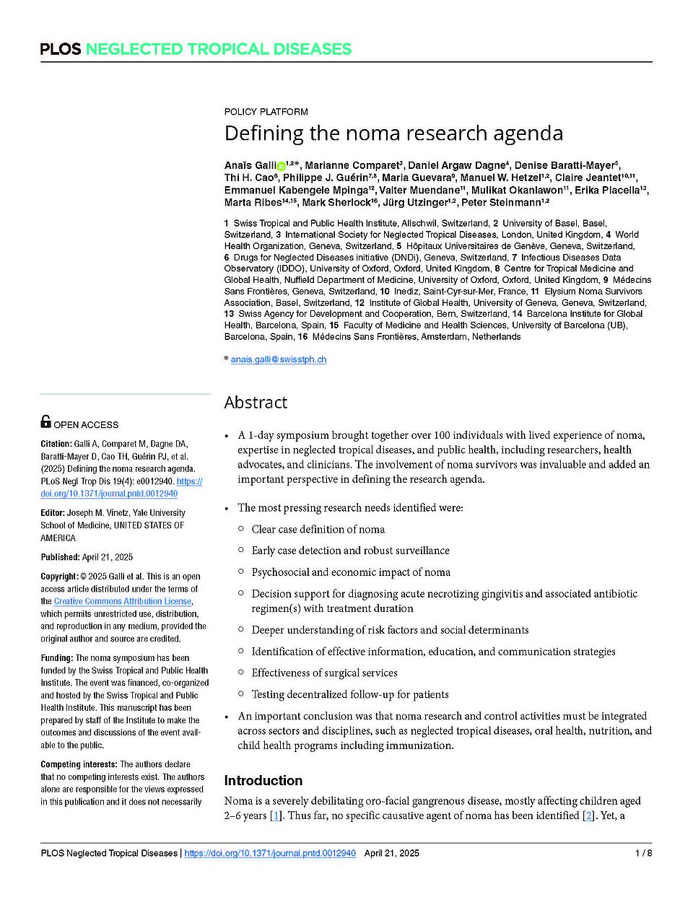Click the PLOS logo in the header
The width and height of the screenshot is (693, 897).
point(61,49)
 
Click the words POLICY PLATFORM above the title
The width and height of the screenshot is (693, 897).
point(266,112)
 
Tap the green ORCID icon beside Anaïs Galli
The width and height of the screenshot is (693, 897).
point(281,166)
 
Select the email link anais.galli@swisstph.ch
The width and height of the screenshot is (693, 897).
point(279,359)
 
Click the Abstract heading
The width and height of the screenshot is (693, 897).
point(256,403)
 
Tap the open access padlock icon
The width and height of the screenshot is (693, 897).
point(46,422)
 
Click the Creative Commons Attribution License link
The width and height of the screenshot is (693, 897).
point(123,601)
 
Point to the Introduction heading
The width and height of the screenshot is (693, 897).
point(263,780)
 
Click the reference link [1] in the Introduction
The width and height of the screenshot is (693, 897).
point(276,815)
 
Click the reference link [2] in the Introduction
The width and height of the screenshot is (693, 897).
point(589,815)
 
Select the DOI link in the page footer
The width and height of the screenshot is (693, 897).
point(270,853)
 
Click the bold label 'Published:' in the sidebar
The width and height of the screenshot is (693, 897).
point(60,557)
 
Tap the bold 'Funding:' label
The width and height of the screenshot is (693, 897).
point(57,658)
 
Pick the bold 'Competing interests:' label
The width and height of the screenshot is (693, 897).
point(79,764)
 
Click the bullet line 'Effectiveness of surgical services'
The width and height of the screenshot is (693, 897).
point(324,673)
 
